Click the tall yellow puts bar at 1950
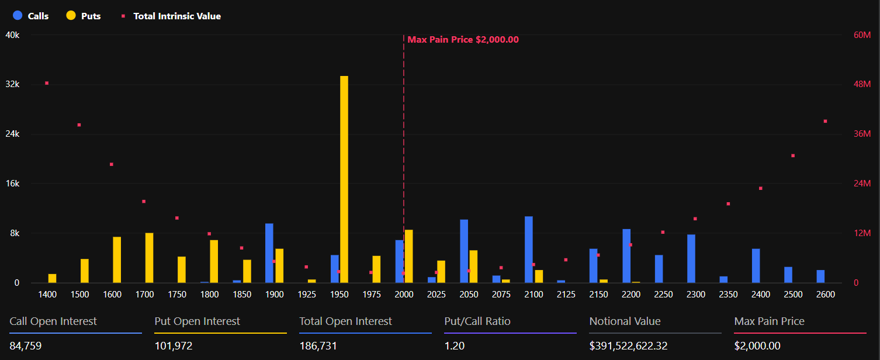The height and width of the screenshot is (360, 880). point(344,179)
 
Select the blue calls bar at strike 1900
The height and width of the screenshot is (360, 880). point(269,253)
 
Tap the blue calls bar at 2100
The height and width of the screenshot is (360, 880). point(529,250)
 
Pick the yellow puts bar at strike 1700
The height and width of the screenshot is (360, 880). point(150,258)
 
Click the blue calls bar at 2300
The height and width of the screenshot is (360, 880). point(691,258)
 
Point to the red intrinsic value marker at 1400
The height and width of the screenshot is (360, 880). point(47,83)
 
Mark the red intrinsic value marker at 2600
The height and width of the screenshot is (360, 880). point(826,121)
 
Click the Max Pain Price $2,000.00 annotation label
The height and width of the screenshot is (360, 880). point(463,40)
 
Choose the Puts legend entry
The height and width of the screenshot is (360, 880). point(84,16)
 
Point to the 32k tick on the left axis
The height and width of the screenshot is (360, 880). point(12,84)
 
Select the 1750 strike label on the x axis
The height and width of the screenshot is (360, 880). point(176,294)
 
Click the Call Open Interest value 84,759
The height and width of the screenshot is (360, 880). point(26,345)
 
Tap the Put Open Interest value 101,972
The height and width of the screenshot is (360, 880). point(174,345)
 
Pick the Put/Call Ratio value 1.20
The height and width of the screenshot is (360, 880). point(455,345)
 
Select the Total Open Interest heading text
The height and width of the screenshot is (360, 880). point(345,321)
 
